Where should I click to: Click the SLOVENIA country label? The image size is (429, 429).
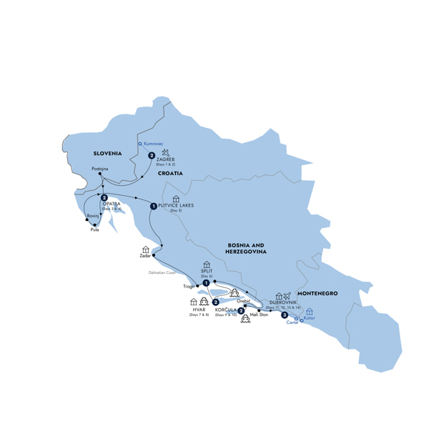click(x=108, y=153)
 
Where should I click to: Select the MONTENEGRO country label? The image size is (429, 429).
click(x=317, y=293)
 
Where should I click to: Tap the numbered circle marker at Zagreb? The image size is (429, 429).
click(x=152, y=155)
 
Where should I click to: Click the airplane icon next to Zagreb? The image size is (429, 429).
click(x=167, y=152)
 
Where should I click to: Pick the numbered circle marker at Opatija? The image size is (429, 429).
click(x=104, y=198)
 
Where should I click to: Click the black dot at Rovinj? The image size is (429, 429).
click(x=87, y=219)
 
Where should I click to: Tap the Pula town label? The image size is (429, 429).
click(x=95, y=230)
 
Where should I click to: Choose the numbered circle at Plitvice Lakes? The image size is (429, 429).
click(x=154, y=207)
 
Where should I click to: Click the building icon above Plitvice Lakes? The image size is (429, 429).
click(x=176, y=199)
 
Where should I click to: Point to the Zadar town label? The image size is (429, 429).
click(x=146, y=256)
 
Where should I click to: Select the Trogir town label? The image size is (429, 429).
click(x=189, y=286)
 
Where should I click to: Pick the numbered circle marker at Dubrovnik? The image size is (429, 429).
click(x=285, y=315)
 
